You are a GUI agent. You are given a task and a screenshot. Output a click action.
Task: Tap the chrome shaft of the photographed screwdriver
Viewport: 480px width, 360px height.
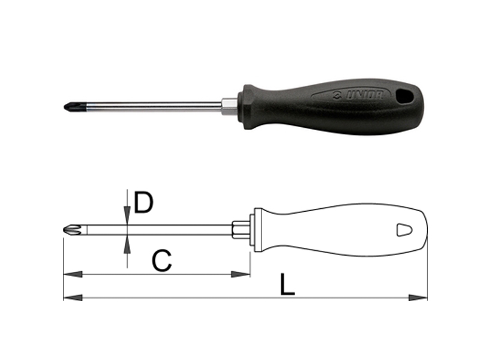coord(150,105)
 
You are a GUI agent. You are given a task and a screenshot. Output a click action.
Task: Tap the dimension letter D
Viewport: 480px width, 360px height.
coord(143,203)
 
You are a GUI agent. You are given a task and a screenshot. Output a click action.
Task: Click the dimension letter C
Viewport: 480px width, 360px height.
coord(161,260)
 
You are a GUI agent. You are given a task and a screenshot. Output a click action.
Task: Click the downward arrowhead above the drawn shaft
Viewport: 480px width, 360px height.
coord(127,216)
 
